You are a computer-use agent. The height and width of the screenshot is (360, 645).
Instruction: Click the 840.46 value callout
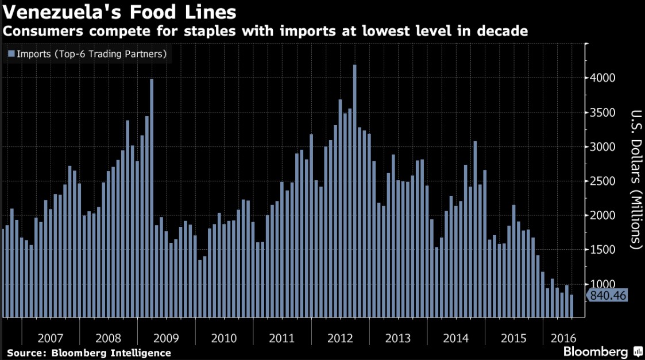(606, 296)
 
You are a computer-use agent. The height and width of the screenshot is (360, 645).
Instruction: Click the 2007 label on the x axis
(51, 337)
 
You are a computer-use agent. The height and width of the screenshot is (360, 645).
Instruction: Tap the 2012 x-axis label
(340, 337)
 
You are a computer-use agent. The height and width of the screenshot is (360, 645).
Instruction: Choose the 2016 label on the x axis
(560, 337)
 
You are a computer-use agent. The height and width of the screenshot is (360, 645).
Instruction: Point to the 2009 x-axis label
(167, 337)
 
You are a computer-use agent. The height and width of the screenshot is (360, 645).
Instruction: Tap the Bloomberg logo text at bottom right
(596, 351)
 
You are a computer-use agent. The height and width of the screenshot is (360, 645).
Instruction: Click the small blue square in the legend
(11, 54)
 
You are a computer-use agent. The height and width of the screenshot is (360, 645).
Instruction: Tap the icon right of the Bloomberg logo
(638, 351)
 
